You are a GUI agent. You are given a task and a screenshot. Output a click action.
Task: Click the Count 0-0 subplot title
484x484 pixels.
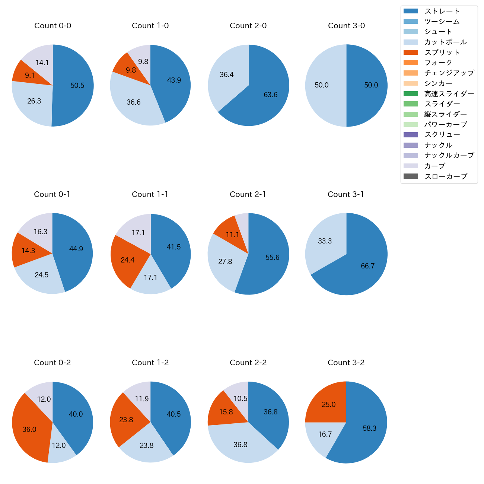tap(52, 26)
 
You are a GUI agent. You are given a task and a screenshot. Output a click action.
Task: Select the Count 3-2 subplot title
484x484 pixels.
tap(346, 363)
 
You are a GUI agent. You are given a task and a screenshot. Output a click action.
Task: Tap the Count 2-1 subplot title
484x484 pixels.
tap(248, 194)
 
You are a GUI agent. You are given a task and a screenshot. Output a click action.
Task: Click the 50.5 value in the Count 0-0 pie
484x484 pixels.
tap(77, 86)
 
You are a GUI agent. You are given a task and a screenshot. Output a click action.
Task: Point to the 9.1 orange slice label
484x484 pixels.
tap(30, 76)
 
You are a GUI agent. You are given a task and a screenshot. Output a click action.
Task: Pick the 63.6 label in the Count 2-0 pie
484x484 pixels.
tap(271, 95)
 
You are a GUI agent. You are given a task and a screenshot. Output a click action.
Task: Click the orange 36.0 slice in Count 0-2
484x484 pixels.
tap(29, 430)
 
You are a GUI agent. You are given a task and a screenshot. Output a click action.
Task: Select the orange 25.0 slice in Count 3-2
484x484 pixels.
tap(329, 405)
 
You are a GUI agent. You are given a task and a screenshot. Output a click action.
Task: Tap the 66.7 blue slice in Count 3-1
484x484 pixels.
tap(367, 266)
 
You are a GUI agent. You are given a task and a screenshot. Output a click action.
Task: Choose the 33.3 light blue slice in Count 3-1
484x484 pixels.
tap(325, 241)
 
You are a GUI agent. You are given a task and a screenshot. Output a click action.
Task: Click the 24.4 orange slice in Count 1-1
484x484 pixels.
tap(128, 260)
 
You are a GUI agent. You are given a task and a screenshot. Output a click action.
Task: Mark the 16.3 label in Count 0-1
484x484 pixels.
tap(41, 232)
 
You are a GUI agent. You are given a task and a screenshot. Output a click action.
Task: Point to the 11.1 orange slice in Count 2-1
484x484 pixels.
tap(232, 235)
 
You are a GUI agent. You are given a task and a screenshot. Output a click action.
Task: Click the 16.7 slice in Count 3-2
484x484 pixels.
tap(325, 434)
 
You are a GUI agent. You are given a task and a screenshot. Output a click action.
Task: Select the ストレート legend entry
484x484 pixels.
tap(442, 11)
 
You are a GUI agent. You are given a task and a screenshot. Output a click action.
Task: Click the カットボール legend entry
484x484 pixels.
tap(445, 42)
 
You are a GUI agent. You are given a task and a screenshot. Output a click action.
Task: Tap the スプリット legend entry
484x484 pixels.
tap(442, 52)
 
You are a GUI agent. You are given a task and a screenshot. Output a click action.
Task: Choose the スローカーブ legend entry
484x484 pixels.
tap(446, 176)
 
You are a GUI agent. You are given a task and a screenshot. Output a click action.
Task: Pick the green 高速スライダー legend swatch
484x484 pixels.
tap(411, 94)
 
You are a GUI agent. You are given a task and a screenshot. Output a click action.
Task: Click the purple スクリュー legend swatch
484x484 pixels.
tap(411, 135)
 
